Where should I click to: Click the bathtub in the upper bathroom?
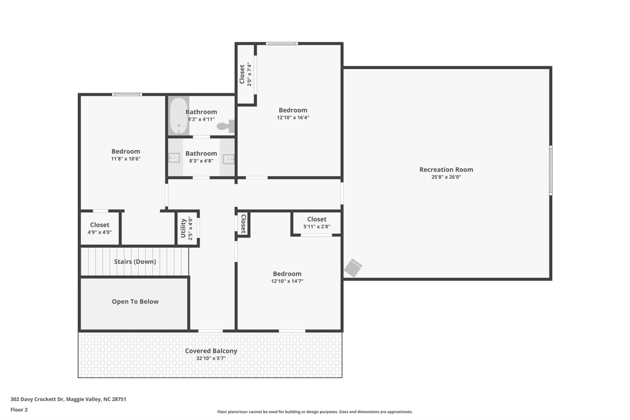coord(178,115)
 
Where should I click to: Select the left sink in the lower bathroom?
coord(174,158)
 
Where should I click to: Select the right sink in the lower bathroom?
coord(228,159)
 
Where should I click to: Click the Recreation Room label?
coord(446,170)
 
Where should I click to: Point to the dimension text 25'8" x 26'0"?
coord(446,177)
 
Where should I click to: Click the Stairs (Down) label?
coord(135,262)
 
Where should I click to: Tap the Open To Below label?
coord(135,302)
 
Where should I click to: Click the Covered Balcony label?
coord(211,351)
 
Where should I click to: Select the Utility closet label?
coord(183,228)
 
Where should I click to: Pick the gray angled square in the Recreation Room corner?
coord(353,268)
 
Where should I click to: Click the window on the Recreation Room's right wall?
coord(551,170)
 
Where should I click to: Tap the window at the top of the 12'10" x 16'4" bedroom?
coord(282,43)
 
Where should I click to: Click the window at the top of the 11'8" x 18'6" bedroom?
coord(127,94)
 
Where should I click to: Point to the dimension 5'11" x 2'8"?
coord(317,226)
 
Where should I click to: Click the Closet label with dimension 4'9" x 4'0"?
coord(99,225)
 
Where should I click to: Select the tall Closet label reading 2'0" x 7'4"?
coord(242,74)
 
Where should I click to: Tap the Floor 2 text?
coord(19,409)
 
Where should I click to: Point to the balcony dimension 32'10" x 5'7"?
coord(211,358)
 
